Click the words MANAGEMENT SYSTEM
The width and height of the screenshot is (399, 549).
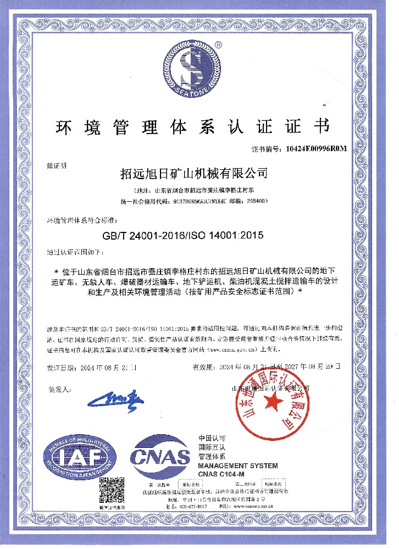click(x=237, y=465)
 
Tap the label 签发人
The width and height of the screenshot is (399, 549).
click(x=59, y=389)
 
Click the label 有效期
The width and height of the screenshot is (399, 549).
click(x=202, y=365)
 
